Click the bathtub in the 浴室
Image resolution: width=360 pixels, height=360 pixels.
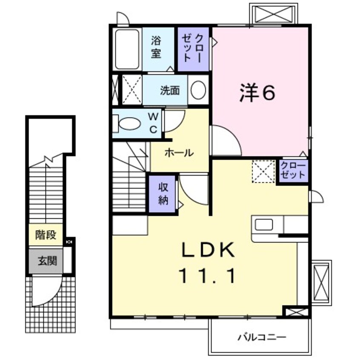[127, 49]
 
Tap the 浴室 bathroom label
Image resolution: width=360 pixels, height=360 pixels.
[156, 47]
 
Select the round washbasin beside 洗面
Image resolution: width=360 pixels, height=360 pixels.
[198, 90]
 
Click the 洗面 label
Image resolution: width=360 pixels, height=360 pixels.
[169, 90]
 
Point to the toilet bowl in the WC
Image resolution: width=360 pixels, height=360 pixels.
[130, 124]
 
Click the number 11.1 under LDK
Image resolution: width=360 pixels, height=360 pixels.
[209, 277]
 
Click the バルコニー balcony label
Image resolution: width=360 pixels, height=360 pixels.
[262, 337]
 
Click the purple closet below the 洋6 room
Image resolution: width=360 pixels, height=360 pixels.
[293, 171]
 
